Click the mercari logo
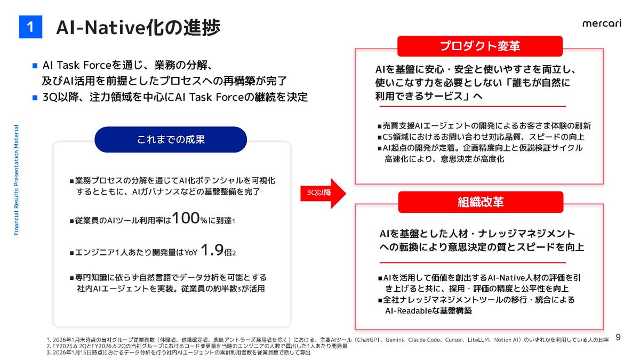[x=602, y=23]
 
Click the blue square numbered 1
[x=30, y=27]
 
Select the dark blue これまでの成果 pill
[x=171, y=140]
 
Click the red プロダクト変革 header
[x=480, y=46]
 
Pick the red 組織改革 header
[x=481, y=202]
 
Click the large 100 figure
[x=186, y=219]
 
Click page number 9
[x=618, y=337]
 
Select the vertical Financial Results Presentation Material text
[x=16, y=180]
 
